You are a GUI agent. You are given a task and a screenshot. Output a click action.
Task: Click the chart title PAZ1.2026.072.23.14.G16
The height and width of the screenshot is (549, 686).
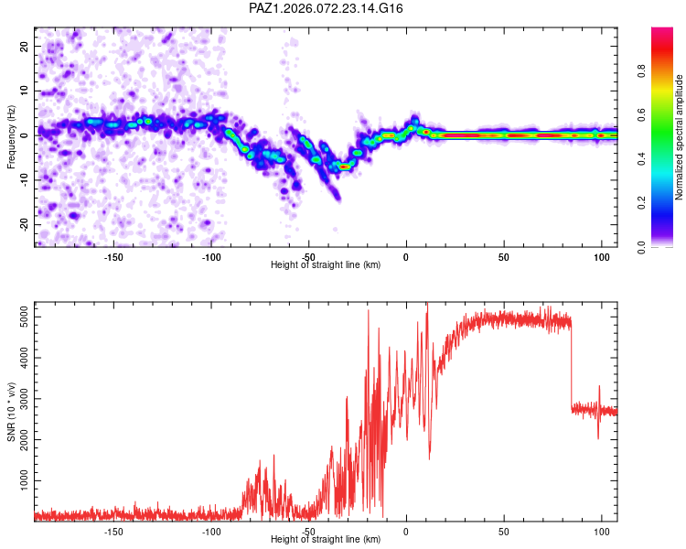pos(327,8)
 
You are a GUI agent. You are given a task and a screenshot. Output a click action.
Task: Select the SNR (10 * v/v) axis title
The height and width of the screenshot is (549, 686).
pos(11,412)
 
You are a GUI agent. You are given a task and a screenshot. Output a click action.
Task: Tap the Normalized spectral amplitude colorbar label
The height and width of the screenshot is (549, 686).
pos(680,137)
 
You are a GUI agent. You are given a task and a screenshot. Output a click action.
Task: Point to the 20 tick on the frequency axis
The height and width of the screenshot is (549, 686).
pos(26,46)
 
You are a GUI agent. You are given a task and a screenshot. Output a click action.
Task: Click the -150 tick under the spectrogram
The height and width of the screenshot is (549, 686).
pos(113,256)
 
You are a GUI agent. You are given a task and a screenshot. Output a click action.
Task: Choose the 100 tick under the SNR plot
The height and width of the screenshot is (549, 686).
pos(601,531)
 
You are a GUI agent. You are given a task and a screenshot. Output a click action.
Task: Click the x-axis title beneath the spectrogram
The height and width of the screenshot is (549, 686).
pos(326,265)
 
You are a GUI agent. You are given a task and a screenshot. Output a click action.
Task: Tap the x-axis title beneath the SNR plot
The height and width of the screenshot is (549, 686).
pos(326,540)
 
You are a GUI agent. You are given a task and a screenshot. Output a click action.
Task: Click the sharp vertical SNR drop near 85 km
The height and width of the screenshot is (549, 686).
pos(572,366)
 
